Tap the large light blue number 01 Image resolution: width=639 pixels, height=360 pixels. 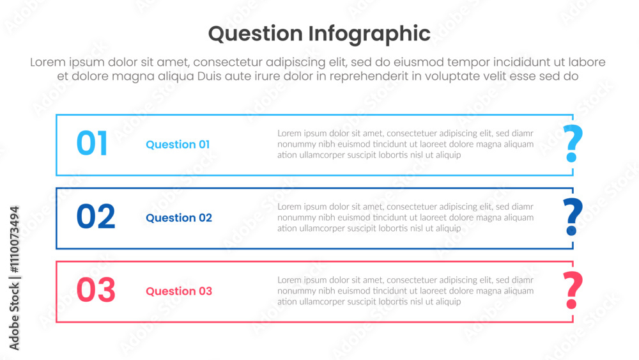(x=92, y=143)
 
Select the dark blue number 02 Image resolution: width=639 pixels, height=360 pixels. (x=96, y=217)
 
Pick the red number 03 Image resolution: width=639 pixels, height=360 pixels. (x=96, y=290)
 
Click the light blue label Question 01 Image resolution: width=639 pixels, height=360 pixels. (x=178, y=145)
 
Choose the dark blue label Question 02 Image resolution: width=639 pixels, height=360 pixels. (x=179, y=218)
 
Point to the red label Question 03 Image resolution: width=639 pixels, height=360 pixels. (x=179, y=292)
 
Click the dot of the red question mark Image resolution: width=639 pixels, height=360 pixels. (x=572, y=304)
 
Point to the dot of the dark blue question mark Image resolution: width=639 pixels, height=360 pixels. (x=572, y=231)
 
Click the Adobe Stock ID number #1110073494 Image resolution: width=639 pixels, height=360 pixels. (x=14, y=240)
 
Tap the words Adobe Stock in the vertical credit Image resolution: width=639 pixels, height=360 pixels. (x=14, y=317)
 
